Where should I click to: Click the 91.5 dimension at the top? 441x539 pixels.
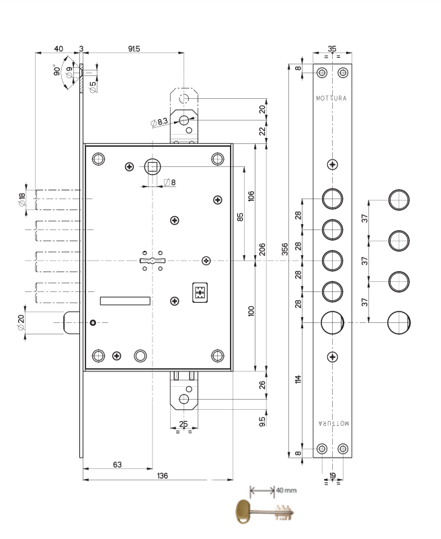(134, 49)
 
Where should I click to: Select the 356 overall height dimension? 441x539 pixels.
(285, 249)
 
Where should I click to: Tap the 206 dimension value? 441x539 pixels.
(262, 250)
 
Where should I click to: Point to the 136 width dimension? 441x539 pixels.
(163, 476)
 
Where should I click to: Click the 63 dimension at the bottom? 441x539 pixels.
(118, 465)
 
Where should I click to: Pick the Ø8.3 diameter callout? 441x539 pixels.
(159, 122)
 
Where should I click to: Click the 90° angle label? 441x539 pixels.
(56, 70)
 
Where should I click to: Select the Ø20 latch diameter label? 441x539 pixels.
(21, 322)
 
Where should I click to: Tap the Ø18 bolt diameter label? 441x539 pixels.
(22, 200)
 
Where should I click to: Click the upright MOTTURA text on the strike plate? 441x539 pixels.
(331, 98)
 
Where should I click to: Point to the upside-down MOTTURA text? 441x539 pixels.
(333, 423)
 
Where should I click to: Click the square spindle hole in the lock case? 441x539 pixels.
(152, 167)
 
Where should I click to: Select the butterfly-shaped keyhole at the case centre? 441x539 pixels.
(153, 260)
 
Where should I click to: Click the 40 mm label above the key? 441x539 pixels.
(286, 490)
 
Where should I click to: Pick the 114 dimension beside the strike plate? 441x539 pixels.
(298, 379)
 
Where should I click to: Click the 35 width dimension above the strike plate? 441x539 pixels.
(332, 48)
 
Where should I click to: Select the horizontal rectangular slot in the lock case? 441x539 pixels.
(125, 301)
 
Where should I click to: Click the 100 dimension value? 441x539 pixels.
(251, 311)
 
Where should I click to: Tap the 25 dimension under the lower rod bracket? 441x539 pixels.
(184, 424)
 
